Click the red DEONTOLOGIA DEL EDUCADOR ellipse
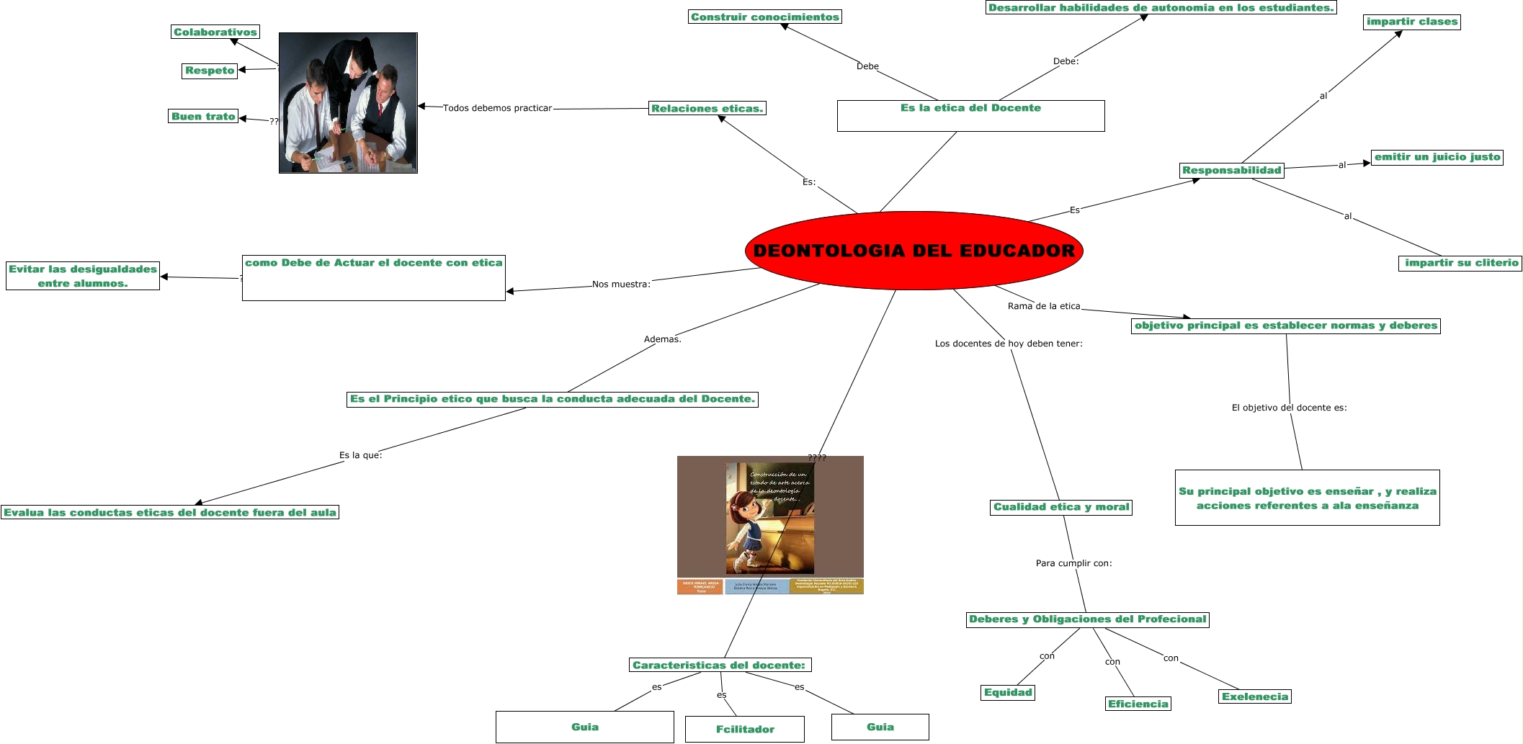[914, 251]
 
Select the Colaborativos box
[215, 32]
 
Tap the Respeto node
[210, 71]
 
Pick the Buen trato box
[203, 117]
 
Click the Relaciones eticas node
[707, 109]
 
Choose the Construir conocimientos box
[765, 17]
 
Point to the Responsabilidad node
[1232, 171]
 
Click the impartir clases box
[1412, 22]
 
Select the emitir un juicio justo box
[1437, 157]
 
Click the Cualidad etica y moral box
[1061, 507]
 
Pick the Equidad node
[1009, 693]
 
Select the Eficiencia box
[1138, 704]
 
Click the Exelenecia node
[1255, 697]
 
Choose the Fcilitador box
[745, 729]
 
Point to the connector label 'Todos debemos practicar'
[497, 108]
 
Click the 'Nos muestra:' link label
[621, 284]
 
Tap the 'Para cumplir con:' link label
[1073, 563]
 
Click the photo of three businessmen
[348, 103]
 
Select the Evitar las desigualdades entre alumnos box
[83, 277]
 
